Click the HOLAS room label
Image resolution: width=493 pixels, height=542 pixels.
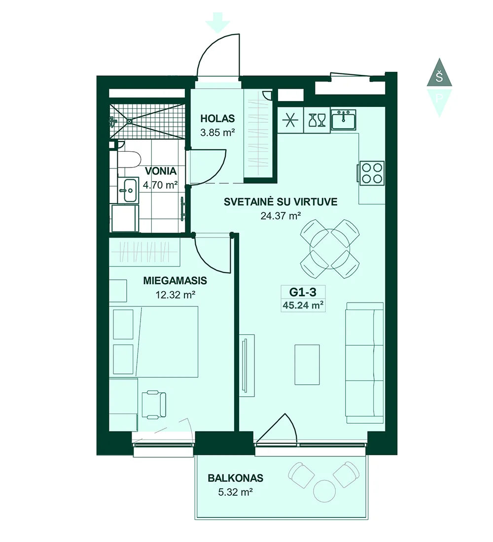[x=217, y=119]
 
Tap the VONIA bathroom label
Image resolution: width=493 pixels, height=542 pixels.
[x=161, y=171]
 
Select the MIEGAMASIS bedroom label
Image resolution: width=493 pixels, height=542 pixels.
[x=175, y=280]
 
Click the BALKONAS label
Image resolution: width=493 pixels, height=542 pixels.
[x=235, y=478]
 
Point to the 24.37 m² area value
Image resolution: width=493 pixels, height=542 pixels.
[x=281, y=216]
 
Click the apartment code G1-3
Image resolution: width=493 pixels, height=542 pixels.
[x=303, y=292]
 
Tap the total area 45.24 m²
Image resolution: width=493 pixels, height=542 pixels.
[x=303, y=305]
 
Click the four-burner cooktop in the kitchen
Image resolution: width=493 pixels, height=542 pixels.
[x=371, y=172]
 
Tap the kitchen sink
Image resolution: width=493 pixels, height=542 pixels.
[x=344, y=120]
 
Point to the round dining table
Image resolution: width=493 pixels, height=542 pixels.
[x=330, y=248]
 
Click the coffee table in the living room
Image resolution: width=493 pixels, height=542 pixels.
[x=307, y=364]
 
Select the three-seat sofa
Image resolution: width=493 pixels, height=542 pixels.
[x=365, y=363]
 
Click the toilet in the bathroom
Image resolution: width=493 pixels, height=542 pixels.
[x=129, y=159]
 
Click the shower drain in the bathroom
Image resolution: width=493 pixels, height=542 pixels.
[x=129, y=121]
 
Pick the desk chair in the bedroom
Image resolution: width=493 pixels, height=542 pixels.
[x=154, y=404]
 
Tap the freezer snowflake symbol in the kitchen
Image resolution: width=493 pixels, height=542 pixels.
[x=290, y=120]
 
